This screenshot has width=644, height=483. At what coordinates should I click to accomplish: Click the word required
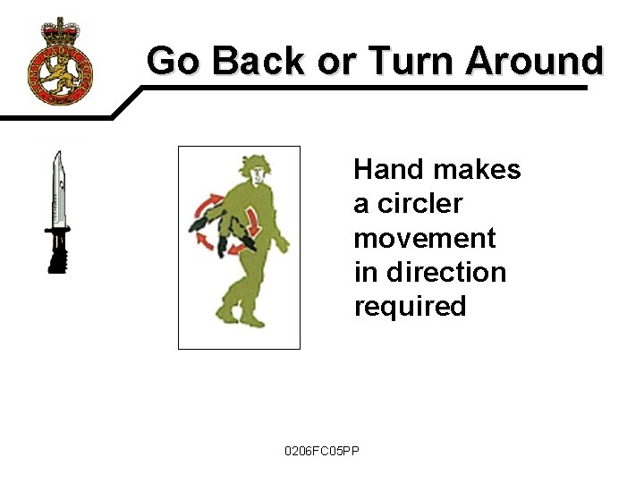410,307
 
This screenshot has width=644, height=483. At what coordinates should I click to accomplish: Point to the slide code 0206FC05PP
321,450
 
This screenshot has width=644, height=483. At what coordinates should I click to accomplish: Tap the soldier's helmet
251,166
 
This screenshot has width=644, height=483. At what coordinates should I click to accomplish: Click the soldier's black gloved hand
198,225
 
